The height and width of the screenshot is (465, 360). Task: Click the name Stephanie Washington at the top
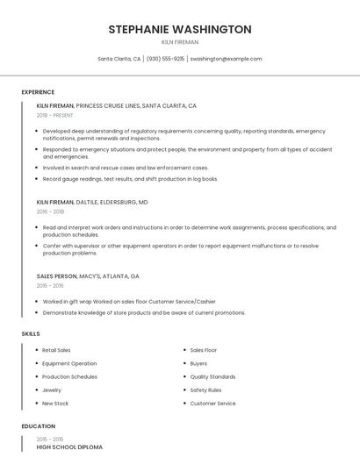point(180,29)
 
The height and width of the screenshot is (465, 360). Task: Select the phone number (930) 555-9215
point(165,59)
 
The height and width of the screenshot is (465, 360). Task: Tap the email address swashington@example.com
point(226,59)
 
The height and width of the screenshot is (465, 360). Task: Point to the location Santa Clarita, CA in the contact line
point(119,59)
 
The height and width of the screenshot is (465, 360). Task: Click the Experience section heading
point(38,92)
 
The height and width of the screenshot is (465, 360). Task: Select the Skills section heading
point(31,333)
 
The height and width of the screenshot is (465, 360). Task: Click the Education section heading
point(38,426)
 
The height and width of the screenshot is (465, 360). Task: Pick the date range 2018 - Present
point(55,115)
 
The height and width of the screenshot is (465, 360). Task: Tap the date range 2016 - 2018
point(51,211)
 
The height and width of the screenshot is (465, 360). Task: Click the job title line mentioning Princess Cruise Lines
point(116,105)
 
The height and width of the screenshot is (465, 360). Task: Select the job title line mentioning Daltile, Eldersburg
point(92,202)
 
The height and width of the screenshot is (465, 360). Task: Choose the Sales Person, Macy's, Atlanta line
point(88,276)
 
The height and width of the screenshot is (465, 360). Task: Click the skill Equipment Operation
point(69,363)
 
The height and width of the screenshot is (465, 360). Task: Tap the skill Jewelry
point(52,390)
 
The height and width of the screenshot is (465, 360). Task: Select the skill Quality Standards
point(212,376)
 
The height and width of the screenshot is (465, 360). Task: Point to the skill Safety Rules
point(205,390)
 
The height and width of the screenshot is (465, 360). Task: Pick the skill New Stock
point(55,404)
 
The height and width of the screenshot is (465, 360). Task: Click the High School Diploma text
point(69,447)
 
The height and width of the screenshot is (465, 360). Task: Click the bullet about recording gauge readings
point(130,179)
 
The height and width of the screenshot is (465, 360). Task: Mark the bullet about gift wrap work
point(129,301)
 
